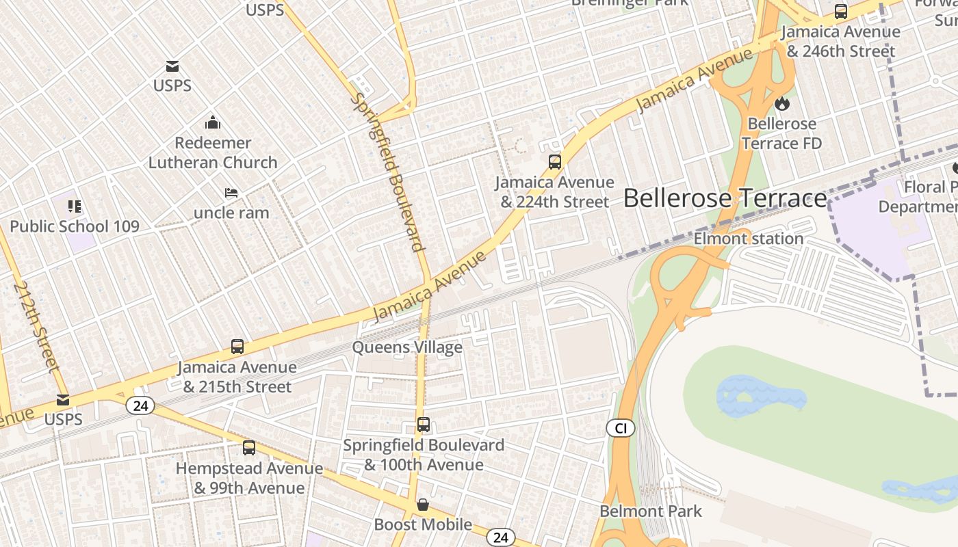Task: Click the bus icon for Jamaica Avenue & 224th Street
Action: click(x=555, y=162)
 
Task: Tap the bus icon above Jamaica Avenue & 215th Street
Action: click(x=237, y=347)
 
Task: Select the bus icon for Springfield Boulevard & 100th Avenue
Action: click(x=424, y=425)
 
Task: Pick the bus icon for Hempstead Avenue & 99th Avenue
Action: click(x=249, y=448)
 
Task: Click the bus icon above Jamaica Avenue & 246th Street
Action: click(x=841, y=12)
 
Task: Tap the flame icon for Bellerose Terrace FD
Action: click(x=781, y=104)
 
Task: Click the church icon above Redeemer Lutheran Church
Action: click(x=213, y=123)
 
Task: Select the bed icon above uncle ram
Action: click(x=231, y=194)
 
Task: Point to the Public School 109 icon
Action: click(x=74, y=206)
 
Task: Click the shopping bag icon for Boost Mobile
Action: click(x=424, y=505)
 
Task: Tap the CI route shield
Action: click(x=621, y=429)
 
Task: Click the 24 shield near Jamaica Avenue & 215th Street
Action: click(x=140, y=406)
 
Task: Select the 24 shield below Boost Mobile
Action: click(x=500, y=537)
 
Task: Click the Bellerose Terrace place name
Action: click(x=725, y=198)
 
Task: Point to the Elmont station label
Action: click(x=749, y=239)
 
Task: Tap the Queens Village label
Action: click(x=407, y=347)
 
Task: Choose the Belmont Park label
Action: click(x=651, y=511)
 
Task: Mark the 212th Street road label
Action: click(x=36, y=325)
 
